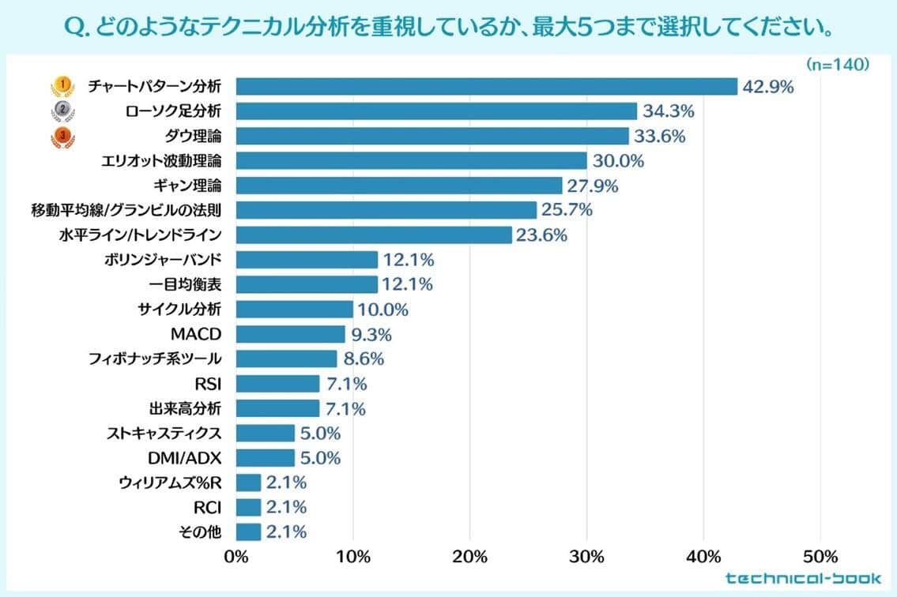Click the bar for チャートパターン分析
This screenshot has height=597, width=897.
[486, 86]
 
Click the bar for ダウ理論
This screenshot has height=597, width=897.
[432, 136]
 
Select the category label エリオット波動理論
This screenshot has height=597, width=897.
[161, 161]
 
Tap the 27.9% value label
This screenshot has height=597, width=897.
[592, 186]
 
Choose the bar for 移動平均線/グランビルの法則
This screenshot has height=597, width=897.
[386, 210]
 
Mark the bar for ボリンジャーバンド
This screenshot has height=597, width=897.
[307, 260]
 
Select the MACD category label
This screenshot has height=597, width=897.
[196, 334]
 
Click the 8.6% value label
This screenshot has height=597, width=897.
[364, 359]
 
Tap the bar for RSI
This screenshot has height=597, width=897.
[277, 384]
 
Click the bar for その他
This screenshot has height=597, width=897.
[248, 532]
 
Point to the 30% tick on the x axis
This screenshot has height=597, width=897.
[586, 557]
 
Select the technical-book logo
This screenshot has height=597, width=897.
[803, 578]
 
